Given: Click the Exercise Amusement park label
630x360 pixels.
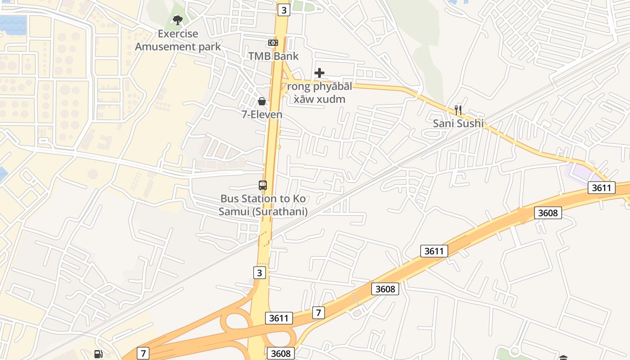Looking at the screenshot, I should (x=178, y=40).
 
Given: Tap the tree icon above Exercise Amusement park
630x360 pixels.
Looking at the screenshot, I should (x=178, y=20).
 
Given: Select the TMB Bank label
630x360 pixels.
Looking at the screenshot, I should (x=274, y=56).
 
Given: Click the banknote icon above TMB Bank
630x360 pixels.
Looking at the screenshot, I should (x=273, y=43).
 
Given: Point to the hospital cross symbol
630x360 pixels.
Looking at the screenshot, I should (x=319, y=72).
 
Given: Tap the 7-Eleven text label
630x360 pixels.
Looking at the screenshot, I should (x=262, y=114).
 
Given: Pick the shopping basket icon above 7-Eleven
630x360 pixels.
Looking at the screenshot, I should (x=262, y=101).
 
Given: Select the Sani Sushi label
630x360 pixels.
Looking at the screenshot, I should (x=458, y=123).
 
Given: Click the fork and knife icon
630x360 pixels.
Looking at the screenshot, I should (x=458, y=110).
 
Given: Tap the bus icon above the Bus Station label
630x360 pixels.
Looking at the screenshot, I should (x=263, y=185).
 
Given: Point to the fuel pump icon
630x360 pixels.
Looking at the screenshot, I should (x=99, y=354).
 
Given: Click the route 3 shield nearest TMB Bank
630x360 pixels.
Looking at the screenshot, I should (x=283, y=10).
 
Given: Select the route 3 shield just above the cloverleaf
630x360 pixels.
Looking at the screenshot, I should (x=259, y=272).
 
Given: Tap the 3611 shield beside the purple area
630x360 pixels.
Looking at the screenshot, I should (x=601, y=188).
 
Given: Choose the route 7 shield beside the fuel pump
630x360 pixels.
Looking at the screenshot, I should (x=143, y=353).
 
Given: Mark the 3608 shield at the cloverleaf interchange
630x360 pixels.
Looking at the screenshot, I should (x=281, y=353).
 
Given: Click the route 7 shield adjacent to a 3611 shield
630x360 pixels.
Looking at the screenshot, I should (x=318, y=312).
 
